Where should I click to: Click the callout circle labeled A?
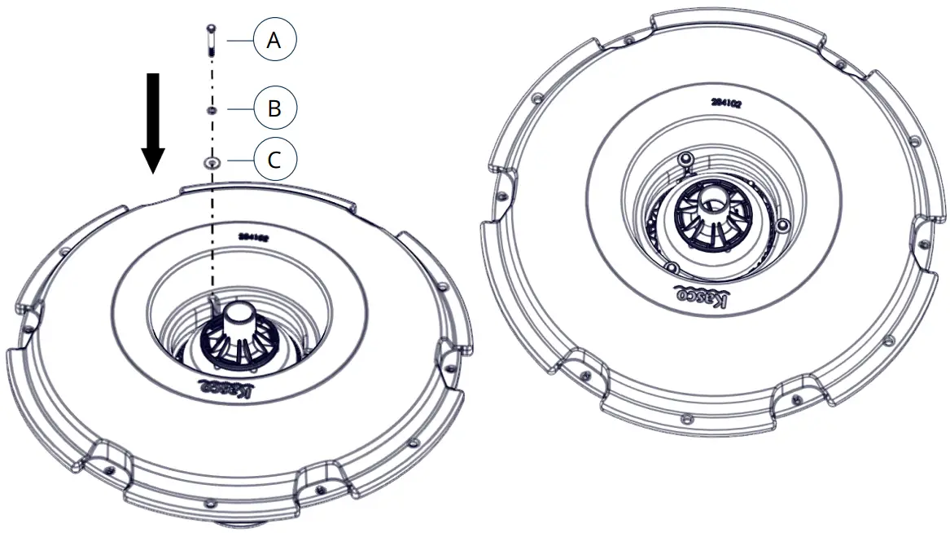[274, 40]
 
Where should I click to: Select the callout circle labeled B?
[274, 108]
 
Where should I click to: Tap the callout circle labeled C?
[274, 160]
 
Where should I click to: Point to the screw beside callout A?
[211, 39]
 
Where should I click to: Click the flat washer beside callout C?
[212, 161]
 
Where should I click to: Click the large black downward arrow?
[152, 122]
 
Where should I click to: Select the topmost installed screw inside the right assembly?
[686, 156]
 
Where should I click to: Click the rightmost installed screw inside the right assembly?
[783, 224]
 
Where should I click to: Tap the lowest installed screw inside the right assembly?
[672, 266]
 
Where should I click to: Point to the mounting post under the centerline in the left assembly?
[213, 305]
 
